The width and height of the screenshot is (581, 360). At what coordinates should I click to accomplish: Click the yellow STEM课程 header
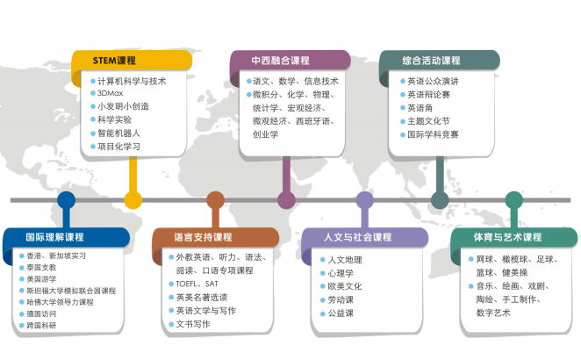coord(132,60)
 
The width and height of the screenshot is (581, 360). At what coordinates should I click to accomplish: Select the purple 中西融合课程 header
coord(290,60)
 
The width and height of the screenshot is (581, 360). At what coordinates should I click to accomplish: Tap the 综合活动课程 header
coord(440,60)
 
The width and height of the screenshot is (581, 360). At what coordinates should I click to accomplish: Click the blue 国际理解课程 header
coord(66,237)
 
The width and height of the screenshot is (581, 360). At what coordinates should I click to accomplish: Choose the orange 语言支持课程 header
coord(215,237)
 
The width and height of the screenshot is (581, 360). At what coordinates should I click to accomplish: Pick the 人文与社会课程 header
coord(365,237)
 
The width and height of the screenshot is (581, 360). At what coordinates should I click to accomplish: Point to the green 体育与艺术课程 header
coord(514,237)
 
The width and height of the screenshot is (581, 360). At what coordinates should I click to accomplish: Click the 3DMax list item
coord(110,93)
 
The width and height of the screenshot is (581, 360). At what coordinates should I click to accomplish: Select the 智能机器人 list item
coord(118,133)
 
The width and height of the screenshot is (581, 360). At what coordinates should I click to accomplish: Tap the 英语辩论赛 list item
coord(428,95)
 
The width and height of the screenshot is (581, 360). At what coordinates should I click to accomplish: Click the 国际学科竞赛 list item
coord(433,134)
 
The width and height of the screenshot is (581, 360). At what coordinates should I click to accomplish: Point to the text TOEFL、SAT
coord(197,284)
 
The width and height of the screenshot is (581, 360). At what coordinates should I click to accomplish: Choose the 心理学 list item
coord(341,273)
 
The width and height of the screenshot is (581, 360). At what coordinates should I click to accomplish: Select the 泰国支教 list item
coord(41,267)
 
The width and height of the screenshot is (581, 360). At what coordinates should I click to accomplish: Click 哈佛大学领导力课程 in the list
coord(60,302)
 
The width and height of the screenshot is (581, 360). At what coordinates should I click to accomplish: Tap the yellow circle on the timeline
coord(133,200)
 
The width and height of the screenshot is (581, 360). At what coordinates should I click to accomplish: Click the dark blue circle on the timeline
coord(67,200)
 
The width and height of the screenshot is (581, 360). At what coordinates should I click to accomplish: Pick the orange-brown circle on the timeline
coord(215,200)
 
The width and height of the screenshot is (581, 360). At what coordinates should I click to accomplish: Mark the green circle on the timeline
coord(514,200)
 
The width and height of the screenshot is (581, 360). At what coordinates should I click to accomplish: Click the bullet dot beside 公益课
coord(323,313)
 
